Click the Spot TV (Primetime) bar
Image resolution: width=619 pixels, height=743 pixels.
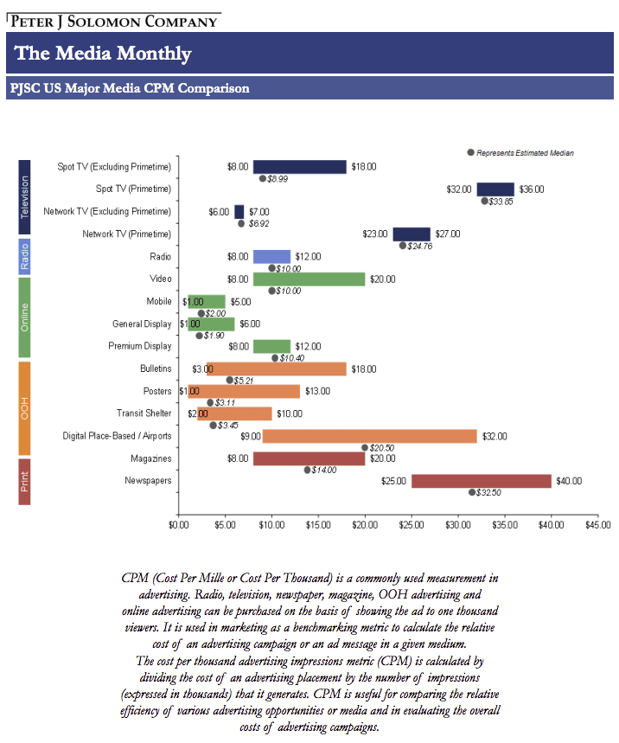click(495, 189)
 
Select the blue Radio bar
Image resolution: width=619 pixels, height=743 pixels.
click(271, 257)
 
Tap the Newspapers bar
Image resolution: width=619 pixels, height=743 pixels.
click(482, 481)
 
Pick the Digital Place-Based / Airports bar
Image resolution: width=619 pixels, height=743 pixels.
click(369, 437)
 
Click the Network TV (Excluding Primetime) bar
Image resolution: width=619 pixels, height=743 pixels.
click(239, 212)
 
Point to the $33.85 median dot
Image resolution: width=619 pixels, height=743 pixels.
click(484, 201)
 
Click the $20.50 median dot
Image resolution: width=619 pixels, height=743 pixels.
click(365, 447)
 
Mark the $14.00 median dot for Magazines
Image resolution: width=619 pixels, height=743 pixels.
click(308, 470)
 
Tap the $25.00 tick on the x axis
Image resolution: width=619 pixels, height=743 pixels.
click(412, 515)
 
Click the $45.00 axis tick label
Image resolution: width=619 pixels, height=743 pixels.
click(597, 525)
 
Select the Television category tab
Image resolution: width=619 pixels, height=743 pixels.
click(24, 197)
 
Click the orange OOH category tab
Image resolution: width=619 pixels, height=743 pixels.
click(24, 408)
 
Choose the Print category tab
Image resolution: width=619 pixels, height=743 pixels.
click(24, 482)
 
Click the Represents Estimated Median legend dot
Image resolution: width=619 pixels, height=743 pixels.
click(470, 152)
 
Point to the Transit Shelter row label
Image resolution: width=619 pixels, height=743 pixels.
click(144, 413)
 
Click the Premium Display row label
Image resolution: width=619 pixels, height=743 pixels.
click(140, 346)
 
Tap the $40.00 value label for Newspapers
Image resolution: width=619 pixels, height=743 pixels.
click(569, 481)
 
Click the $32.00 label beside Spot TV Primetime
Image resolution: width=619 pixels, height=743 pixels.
click(459, 189)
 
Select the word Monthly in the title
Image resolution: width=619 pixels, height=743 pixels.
click(154, 54)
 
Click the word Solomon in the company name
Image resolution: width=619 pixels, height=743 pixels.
click(104, 22)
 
